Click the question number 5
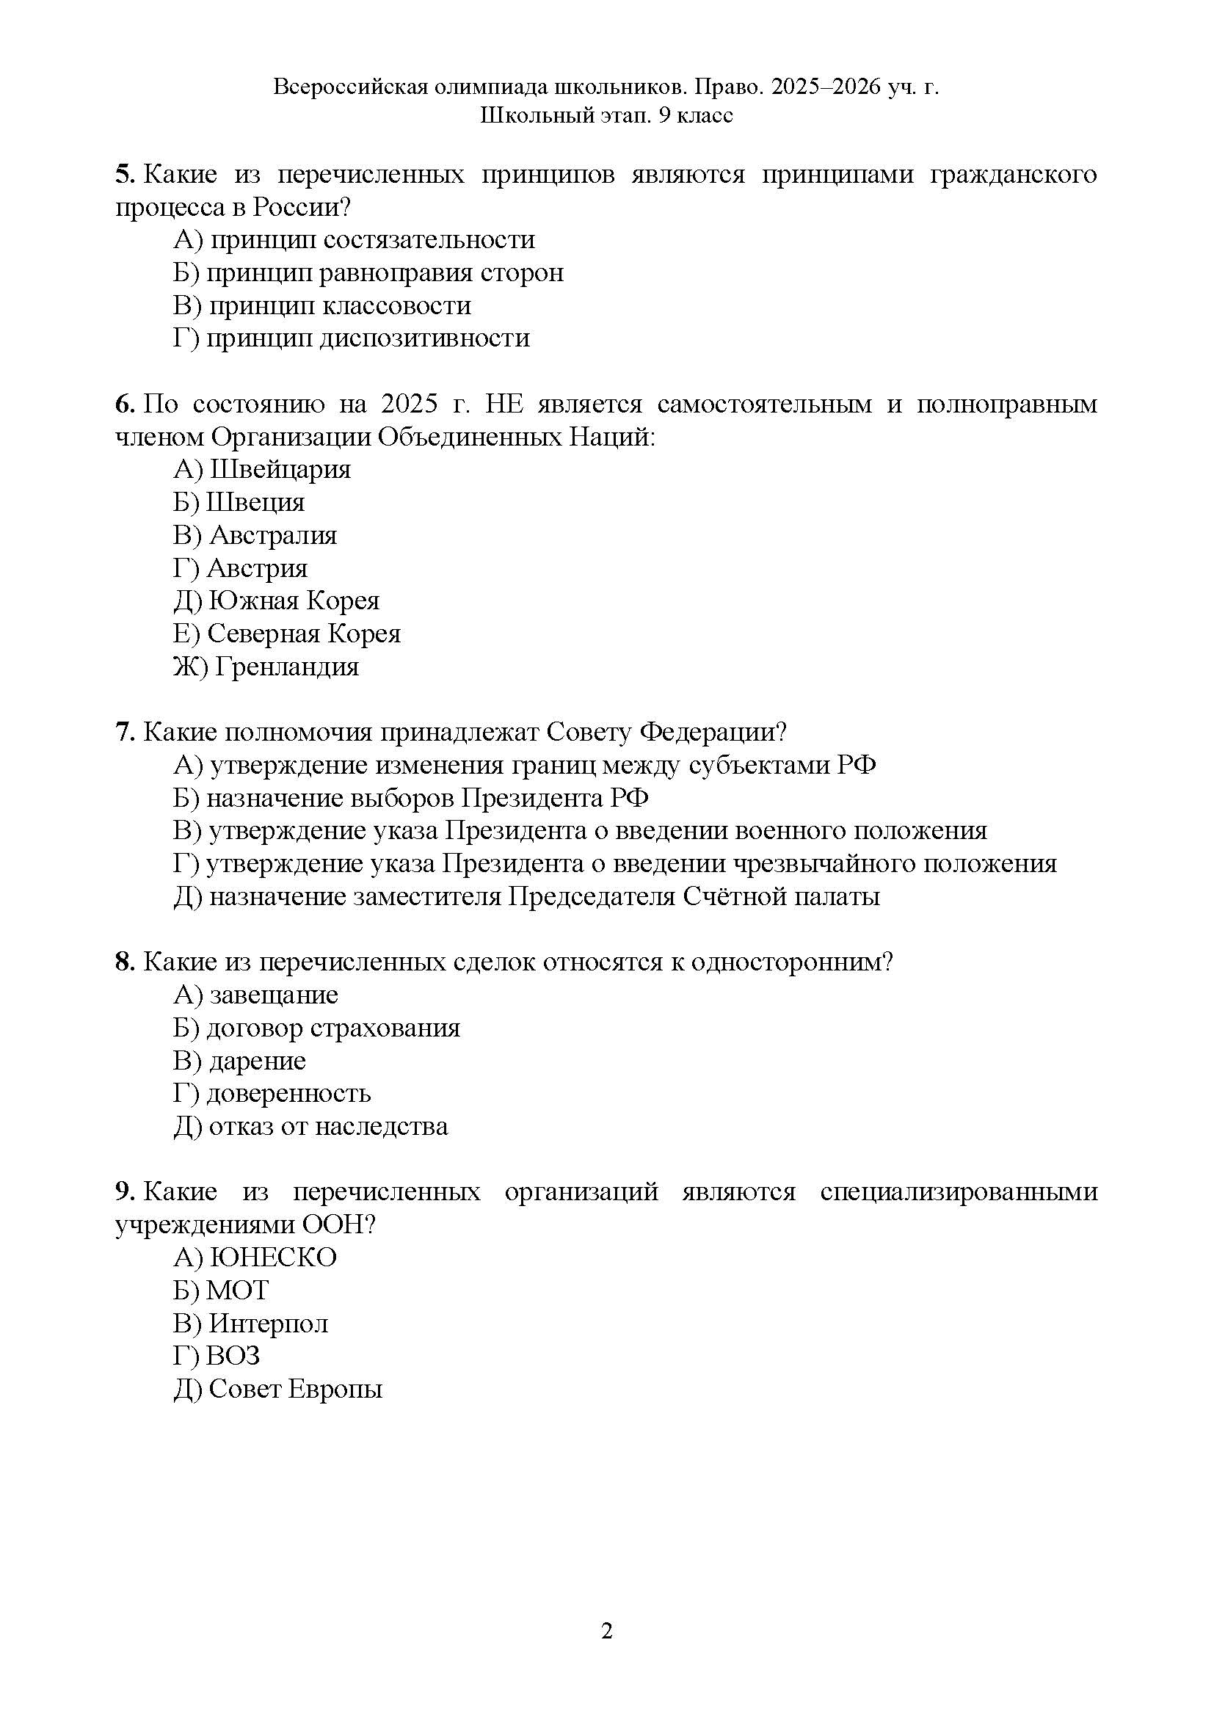click(x=123, y=175)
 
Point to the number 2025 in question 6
click(x=408, y=404)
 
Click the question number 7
click(x=123, y=732)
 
